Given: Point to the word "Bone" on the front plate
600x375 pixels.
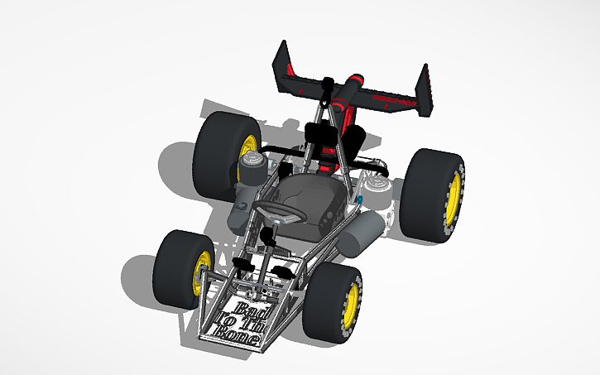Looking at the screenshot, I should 238,334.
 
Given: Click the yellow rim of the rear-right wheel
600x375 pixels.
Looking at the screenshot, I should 453,198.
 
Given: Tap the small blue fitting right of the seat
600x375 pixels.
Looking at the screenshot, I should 362,200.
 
